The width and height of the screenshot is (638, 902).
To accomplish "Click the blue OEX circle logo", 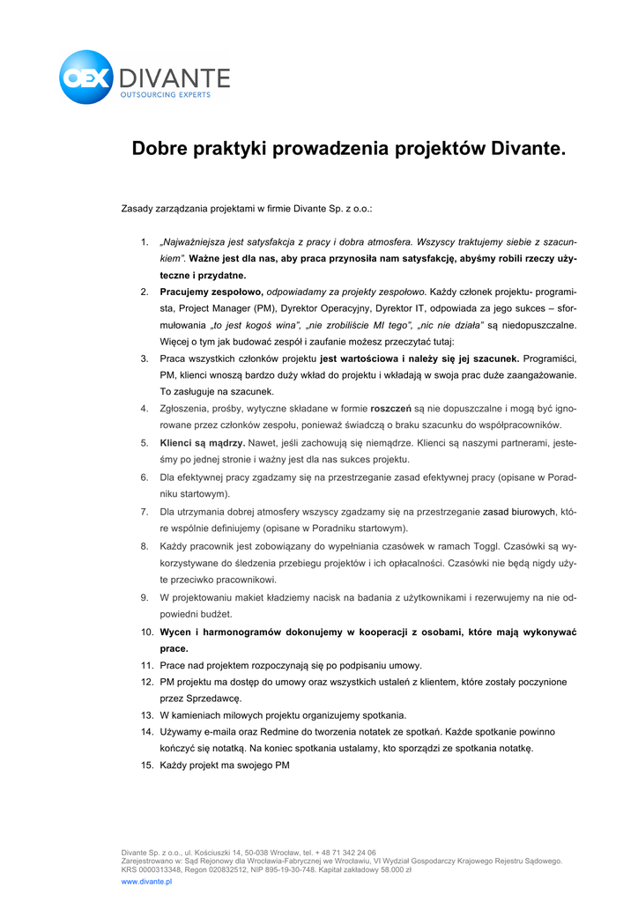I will point(85,78).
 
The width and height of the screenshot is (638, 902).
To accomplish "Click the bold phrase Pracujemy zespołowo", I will point(211,292).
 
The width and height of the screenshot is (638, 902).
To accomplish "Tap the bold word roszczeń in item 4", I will point(391,409).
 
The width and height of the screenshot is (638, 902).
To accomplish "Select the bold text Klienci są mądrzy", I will point(202,443).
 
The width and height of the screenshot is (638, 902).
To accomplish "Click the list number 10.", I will point(146,632).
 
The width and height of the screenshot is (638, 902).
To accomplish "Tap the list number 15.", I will point(146,765).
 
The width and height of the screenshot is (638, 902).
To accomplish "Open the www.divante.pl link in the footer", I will point(146,881).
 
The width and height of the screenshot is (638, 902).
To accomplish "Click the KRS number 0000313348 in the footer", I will point(159,869).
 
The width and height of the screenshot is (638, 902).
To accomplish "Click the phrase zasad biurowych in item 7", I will point(519,511).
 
